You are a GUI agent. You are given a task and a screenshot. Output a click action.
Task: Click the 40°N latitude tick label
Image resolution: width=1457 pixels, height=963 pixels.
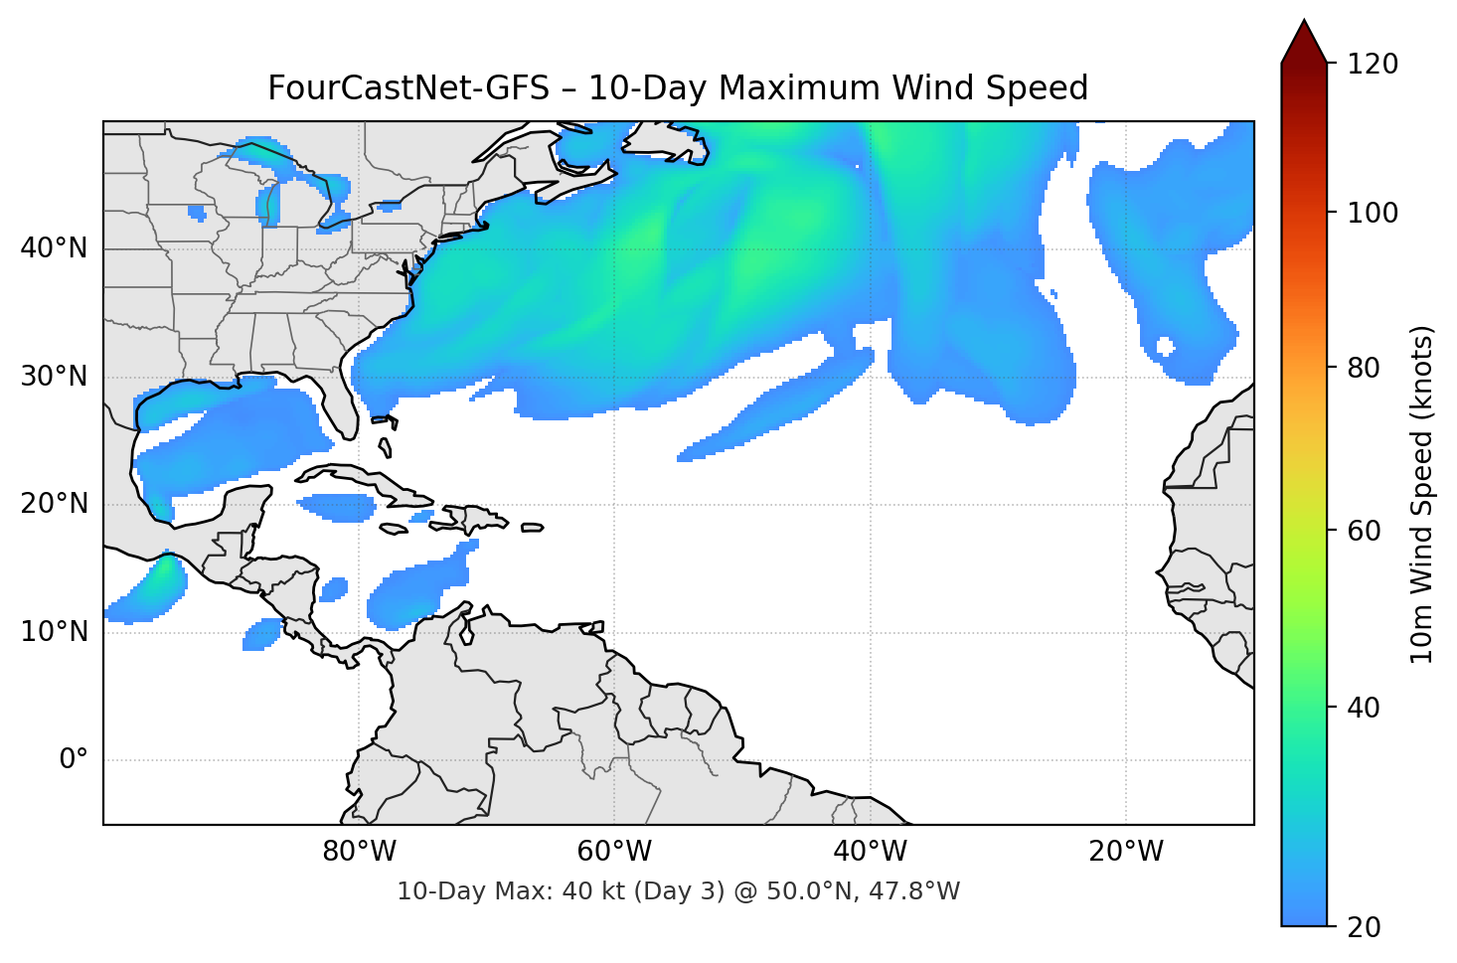[54, 248]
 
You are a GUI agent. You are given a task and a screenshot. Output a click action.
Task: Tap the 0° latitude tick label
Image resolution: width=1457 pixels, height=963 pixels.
[74, 760]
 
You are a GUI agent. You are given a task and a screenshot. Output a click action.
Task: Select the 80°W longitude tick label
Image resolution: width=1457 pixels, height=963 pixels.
[360, 852]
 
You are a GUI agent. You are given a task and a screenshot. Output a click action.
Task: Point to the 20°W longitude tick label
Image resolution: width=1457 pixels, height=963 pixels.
[1126, 852]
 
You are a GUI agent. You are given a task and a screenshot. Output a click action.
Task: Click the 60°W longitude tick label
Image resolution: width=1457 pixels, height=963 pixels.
[615, 852]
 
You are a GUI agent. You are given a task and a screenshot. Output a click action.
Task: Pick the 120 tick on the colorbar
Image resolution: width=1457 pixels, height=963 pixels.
[1373, 65]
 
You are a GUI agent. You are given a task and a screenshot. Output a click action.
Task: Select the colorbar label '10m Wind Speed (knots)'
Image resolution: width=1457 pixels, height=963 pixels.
[1422, 494]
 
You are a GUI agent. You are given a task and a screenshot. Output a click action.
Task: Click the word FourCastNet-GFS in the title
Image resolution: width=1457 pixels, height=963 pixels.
[407, 88]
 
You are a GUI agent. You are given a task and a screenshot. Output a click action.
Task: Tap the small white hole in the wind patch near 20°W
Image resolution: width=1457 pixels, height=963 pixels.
[1165, 347]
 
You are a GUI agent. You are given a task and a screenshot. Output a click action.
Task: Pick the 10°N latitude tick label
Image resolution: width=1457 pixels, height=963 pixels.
[54, 632]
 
